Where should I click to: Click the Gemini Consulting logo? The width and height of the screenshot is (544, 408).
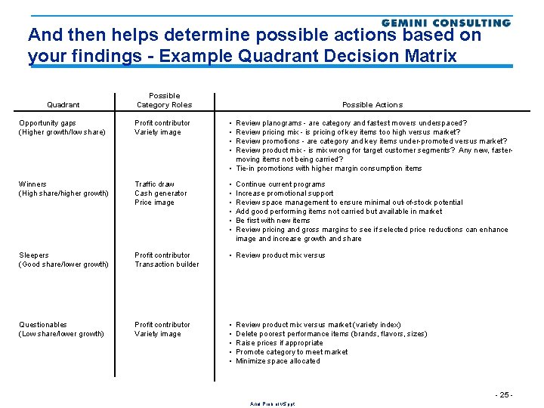(x=446, y=23)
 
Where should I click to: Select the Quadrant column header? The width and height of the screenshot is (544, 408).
(x=63, y=105)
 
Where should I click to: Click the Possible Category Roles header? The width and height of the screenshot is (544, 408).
(x=164, y=100)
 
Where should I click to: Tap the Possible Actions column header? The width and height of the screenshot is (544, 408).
(x=372, y=105)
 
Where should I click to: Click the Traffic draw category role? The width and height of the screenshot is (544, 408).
(x=155, y=184)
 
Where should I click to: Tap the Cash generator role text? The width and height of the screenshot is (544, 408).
(x=160, y=193)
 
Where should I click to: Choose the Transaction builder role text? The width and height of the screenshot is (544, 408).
(x=167, y=264)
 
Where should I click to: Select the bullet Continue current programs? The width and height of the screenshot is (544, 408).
(x=280, y=184)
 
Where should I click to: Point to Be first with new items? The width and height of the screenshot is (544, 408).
(x=273, y=221)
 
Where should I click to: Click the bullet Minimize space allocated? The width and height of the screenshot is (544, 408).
(x=277, y=361)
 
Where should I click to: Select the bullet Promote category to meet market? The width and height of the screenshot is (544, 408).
(x=292, y=352)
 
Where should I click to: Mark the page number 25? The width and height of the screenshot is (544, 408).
(x=503, y=395)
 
